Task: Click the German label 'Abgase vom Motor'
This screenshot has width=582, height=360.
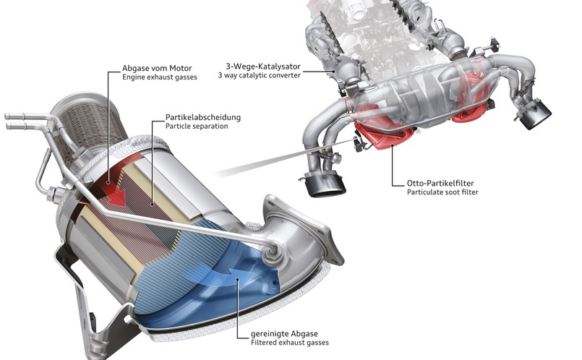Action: click(157, 68)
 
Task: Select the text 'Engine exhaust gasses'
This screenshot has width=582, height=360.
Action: click(160, 77)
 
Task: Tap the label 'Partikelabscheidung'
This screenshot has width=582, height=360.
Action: click(203, 117)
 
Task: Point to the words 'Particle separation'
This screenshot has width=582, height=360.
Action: click(197, 127)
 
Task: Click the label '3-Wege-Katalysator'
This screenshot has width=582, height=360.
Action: click(263, 67)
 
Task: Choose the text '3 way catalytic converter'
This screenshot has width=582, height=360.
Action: click(259, 75)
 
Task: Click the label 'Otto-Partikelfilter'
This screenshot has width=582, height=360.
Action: click(440, 183)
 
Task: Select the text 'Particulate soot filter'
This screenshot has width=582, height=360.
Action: click(442, 192)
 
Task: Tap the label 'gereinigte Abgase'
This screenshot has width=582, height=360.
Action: click(284, 334)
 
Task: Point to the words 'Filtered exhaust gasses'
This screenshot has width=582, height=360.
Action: click(290, 343)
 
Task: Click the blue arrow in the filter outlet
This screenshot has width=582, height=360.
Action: click(230, 275)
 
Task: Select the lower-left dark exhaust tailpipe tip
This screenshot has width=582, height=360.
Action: click(325, 184)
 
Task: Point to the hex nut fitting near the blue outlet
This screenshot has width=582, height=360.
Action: click(271, 253)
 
